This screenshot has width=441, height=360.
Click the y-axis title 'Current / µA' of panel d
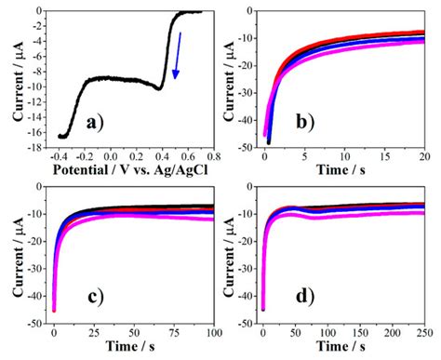(x=234, y=253)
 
